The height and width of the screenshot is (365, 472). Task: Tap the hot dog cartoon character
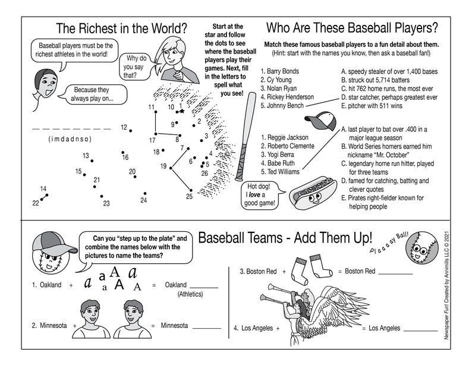[x=312, y=191]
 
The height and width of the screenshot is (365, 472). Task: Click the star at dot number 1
[x=182, y=111]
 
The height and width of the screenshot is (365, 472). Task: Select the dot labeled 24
[x=145, y=193]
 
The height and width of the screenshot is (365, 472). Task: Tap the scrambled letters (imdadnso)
[x=69, y=139]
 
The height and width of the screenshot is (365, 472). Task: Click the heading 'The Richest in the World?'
[x=121, y=28]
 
